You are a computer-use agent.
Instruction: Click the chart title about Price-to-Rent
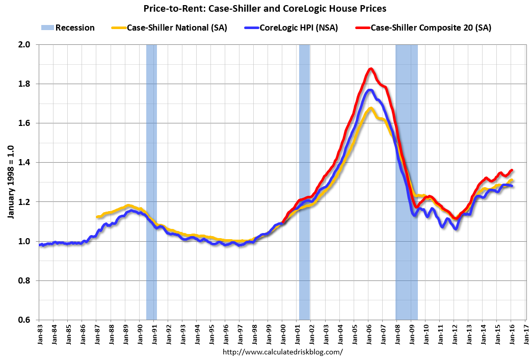pos(265,8)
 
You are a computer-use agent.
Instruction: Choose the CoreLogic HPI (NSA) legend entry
pos(296,28)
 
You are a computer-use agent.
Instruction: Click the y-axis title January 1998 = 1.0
pos(11,182)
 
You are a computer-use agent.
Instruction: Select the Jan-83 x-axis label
pos(41,334)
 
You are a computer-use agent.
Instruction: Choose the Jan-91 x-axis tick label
pos(155,334)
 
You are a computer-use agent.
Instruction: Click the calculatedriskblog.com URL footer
pos(283,352)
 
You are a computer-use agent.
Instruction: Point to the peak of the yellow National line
pos(370,108)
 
